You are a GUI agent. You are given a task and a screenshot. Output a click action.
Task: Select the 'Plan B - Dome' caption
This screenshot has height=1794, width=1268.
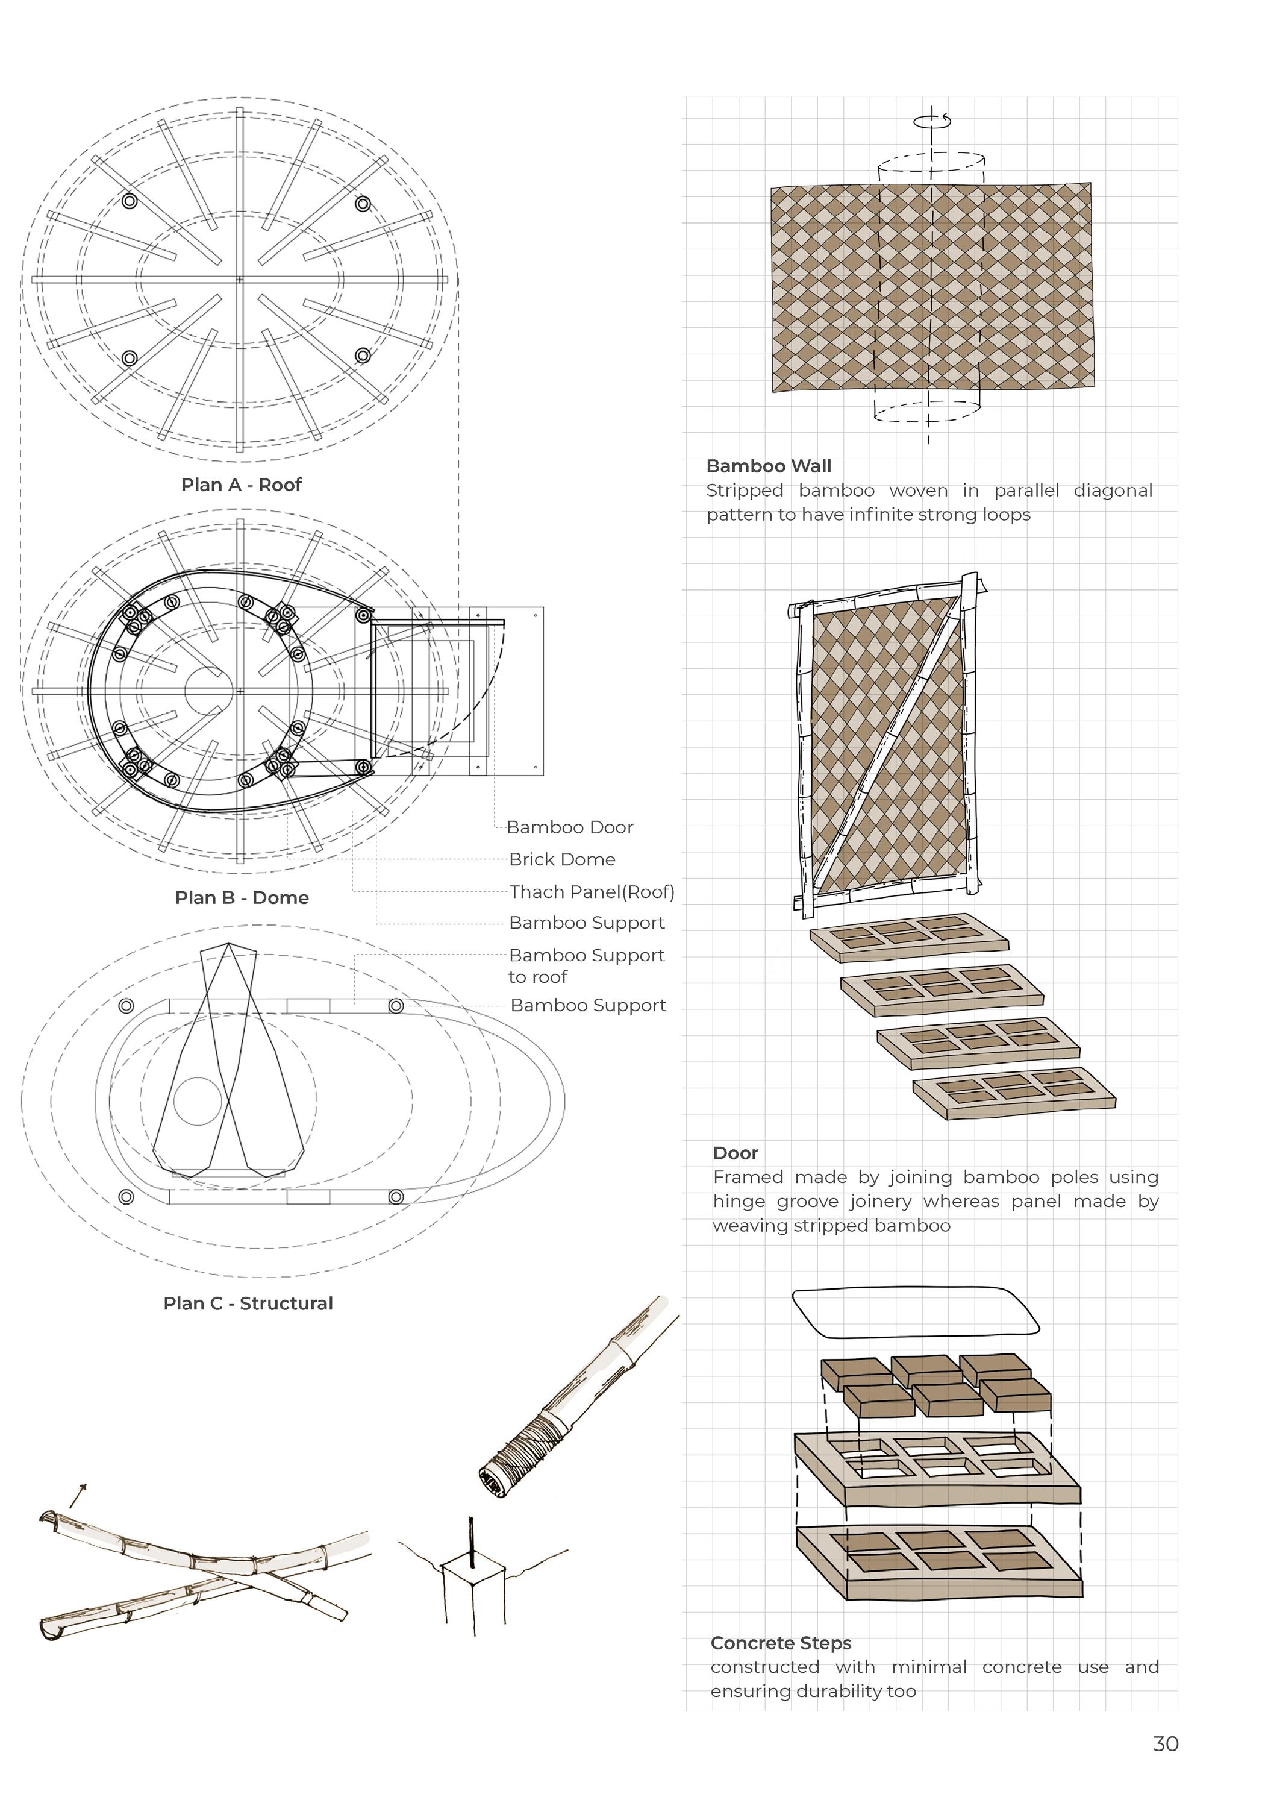pyautogui.click(x=242, y=898)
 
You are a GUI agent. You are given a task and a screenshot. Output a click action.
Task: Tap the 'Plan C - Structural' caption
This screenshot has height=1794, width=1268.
pyautogui.click(x=248, y=1303)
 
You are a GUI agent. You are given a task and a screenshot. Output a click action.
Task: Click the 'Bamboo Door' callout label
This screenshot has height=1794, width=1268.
pyautogui.click(x=569, y=827)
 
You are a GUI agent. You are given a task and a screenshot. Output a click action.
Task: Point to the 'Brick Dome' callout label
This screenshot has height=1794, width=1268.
pyautogui.click(x=562, y=859)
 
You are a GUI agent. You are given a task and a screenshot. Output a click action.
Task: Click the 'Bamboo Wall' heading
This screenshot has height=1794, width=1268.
pyautogui.click(x=768, y=466)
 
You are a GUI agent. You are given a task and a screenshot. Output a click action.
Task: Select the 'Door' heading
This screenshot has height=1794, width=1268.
pyautogui.click(x=735, y=1153)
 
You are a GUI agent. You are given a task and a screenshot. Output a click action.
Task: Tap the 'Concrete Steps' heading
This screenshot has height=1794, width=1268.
pyautogui.click(x=781, y=1643)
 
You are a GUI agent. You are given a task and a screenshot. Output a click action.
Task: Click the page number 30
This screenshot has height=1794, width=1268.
pyautogui.click(x=1165, y=1744)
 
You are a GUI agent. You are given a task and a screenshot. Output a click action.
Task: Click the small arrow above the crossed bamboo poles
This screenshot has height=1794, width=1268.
pyautogui.click(x=77, y=1494)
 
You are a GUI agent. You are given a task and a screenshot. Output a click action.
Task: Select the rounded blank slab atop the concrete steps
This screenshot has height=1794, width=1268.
pyautogui.click(x=915, y=1312)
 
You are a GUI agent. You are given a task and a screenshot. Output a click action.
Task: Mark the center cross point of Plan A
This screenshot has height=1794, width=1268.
pyautogui.click(x=240, y=280)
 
